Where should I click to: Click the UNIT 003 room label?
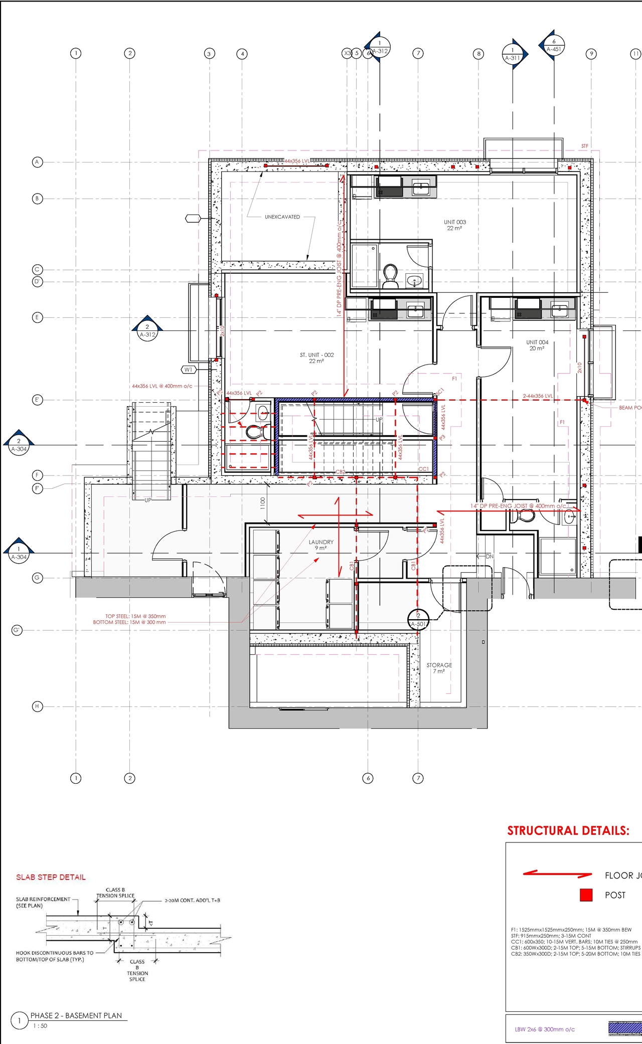[454, 225]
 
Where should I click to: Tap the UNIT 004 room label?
[537, 345]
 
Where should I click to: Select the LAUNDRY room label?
[321, 545]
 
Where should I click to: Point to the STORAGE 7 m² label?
[439, 668]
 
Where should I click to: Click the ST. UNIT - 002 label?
[316, 358]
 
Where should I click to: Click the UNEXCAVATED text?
[282, 217]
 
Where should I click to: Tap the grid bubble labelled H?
[37, 707]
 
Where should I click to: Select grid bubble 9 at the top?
[591, 54]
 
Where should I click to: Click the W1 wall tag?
[188, 370]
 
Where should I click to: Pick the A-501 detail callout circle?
[419, 619]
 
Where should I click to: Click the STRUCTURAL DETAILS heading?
[568, 831]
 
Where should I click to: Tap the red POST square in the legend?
[586, 895]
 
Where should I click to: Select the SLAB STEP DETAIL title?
[51, 877]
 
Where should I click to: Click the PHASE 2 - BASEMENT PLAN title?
[76, 1015]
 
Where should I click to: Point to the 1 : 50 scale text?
[40, 1026]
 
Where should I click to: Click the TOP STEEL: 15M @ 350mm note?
[135, 616]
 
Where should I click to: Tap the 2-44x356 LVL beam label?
[538, 396]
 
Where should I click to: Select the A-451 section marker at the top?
[554, 46]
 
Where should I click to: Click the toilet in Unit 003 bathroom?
[390, 276]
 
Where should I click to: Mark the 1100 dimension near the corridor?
[263, 503]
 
